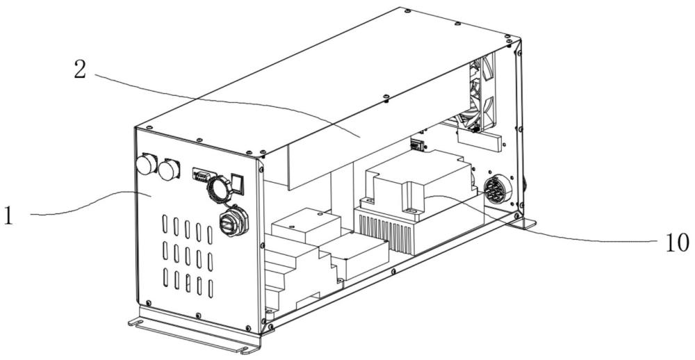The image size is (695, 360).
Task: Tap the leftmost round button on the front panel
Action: tap(146, 165)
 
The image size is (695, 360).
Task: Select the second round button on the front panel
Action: tap(169, 169)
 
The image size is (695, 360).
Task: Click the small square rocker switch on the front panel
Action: tap(238, 182)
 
